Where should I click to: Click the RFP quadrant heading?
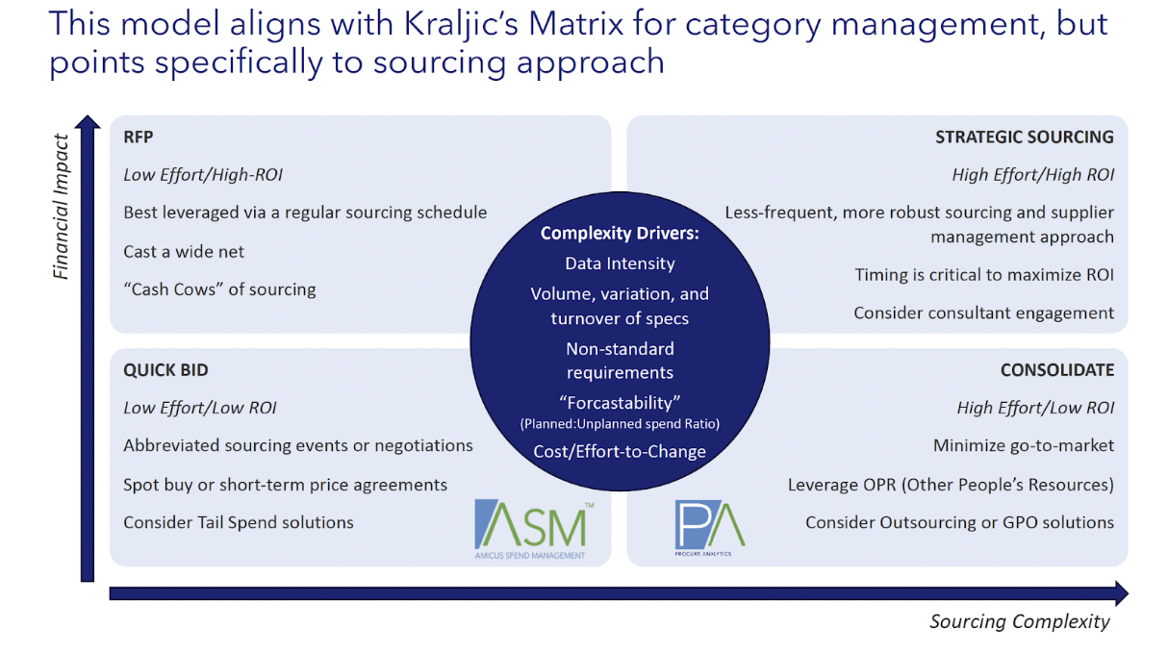tap(139, 137)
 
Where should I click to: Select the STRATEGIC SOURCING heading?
tap(1024, 137)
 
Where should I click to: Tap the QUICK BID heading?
tap(165, 370)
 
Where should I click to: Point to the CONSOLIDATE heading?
tap(1056, 370)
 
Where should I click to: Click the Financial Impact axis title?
tap(62, 206)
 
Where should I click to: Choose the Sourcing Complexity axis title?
tap(1019, 621)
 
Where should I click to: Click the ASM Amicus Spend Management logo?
tap(531, 528)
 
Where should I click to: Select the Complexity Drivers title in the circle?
tap(619, 233)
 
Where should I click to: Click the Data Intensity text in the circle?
tap(620, 263)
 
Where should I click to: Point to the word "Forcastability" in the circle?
tap(620, 403)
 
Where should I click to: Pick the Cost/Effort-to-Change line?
tap(620, 451)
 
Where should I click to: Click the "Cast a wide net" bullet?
tap(184, 252)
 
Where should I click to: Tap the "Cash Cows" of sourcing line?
tap(219, 289)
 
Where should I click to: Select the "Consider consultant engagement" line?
tap(983, 313)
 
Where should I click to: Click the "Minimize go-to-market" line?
tap(1023, 445)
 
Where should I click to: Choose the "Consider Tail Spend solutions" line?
tap(239, 523)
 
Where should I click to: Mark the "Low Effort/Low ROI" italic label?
tap(200, 408)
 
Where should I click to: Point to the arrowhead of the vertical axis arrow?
tap(88, 124)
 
